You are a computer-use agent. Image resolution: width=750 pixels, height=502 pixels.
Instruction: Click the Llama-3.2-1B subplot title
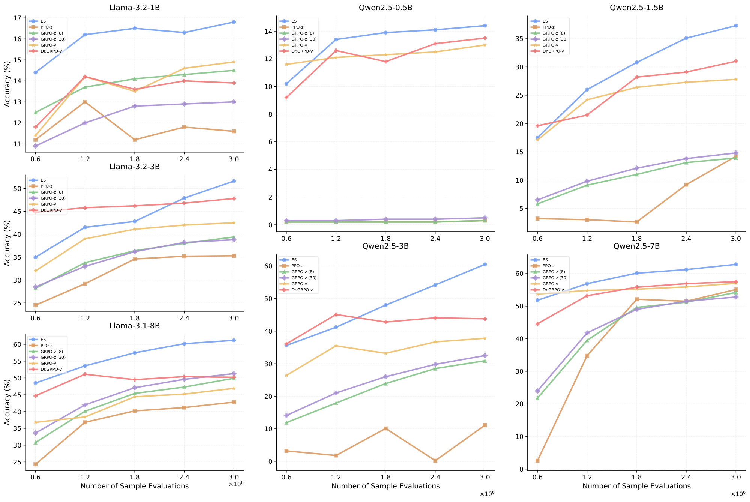[135, 8]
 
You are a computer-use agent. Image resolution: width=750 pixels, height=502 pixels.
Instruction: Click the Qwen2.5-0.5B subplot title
[385, 8]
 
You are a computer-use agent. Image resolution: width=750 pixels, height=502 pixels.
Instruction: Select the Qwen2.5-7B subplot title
[636, 246]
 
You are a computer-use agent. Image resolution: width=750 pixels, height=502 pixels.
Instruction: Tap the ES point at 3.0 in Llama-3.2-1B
[234, 22]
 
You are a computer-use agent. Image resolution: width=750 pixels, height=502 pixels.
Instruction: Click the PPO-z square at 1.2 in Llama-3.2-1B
[85, 102]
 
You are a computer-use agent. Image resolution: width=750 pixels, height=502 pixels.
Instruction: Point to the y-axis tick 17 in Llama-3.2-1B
[17, 18]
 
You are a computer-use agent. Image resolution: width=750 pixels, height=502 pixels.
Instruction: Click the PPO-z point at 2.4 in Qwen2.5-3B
[435, 461]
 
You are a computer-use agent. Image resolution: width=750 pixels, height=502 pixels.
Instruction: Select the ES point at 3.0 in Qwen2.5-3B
[484, 265]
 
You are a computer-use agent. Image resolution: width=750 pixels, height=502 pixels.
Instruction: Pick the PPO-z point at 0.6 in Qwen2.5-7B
[537, 461]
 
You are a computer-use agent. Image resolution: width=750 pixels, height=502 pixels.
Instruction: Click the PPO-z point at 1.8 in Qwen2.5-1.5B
[636, 222]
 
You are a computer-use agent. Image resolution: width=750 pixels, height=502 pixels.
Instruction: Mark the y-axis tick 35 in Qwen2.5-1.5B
[521, 38]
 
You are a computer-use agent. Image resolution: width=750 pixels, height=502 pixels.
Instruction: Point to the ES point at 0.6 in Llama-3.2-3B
[35, 257]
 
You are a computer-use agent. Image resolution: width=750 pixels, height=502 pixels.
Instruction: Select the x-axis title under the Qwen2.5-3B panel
[385, 486]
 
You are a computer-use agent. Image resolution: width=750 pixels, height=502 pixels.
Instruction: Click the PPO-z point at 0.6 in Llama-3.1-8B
[35, 464]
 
